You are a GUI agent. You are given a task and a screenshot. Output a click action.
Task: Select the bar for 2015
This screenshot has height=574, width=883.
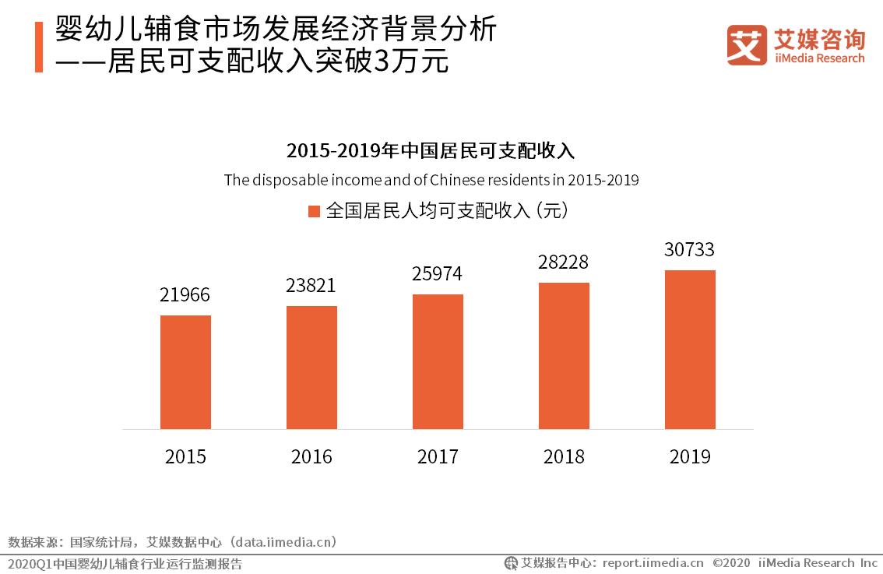click(x=185, y=372)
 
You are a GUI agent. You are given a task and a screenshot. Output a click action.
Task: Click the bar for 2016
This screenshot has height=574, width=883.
click(x=311, y=368)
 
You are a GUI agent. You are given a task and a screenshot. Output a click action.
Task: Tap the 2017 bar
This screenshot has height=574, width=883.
click(x=438, y=361)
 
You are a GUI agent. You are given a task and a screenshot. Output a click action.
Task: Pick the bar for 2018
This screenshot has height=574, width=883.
click(x=564, y=356)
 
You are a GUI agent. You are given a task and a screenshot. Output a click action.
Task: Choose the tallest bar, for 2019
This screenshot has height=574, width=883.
click(x=690, y=350)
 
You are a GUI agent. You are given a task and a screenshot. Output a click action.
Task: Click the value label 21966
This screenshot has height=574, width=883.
click(x=185, y=295)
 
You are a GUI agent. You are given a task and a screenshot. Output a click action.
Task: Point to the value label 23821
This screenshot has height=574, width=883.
click(x=311, y=286)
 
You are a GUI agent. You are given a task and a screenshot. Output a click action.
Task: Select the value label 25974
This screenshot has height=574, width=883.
click(x=438, y=274)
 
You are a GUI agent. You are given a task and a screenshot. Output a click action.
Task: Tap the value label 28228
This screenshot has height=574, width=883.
click(x=564, y=262)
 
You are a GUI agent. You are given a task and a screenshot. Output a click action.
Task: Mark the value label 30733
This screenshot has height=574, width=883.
click(x=690, y=250)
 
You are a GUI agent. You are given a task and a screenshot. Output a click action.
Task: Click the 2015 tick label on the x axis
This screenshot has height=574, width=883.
click(x=185, y=456)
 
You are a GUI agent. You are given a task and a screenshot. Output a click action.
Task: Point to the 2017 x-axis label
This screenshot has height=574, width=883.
click(x=438, y=456)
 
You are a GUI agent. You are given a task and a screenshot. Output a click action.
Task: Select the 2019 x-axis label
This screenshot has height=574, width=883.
click(x=690, y=456)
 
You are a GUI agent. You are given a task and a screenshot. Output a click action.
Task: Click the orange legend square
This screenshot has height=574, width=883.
click(x=315, y=212)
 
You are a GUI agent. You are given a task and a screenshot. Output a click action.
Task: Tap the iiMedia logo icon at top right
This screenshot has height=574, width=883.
click(x=747, y=45)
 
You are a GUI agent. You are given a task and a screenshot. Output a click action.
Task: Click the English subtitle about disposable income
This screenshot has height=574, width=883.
click(x=431, y=180)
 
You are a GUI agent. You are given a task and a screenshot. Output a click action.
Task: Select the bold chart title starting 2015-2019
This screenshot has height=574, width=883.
click(x=431, y=150)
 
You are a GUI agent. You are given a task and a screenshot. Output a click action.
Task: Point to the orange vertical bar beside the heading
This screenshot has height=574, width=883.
click(x=39, y=47)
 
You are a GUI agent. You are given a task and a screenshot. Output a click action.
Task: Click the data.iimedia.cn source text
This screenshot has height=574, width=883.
click(x=284, y=541)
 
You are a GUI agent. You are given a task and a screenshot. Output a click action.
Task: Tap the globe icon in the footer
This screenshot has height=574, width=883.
click(x=512, y=563)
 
